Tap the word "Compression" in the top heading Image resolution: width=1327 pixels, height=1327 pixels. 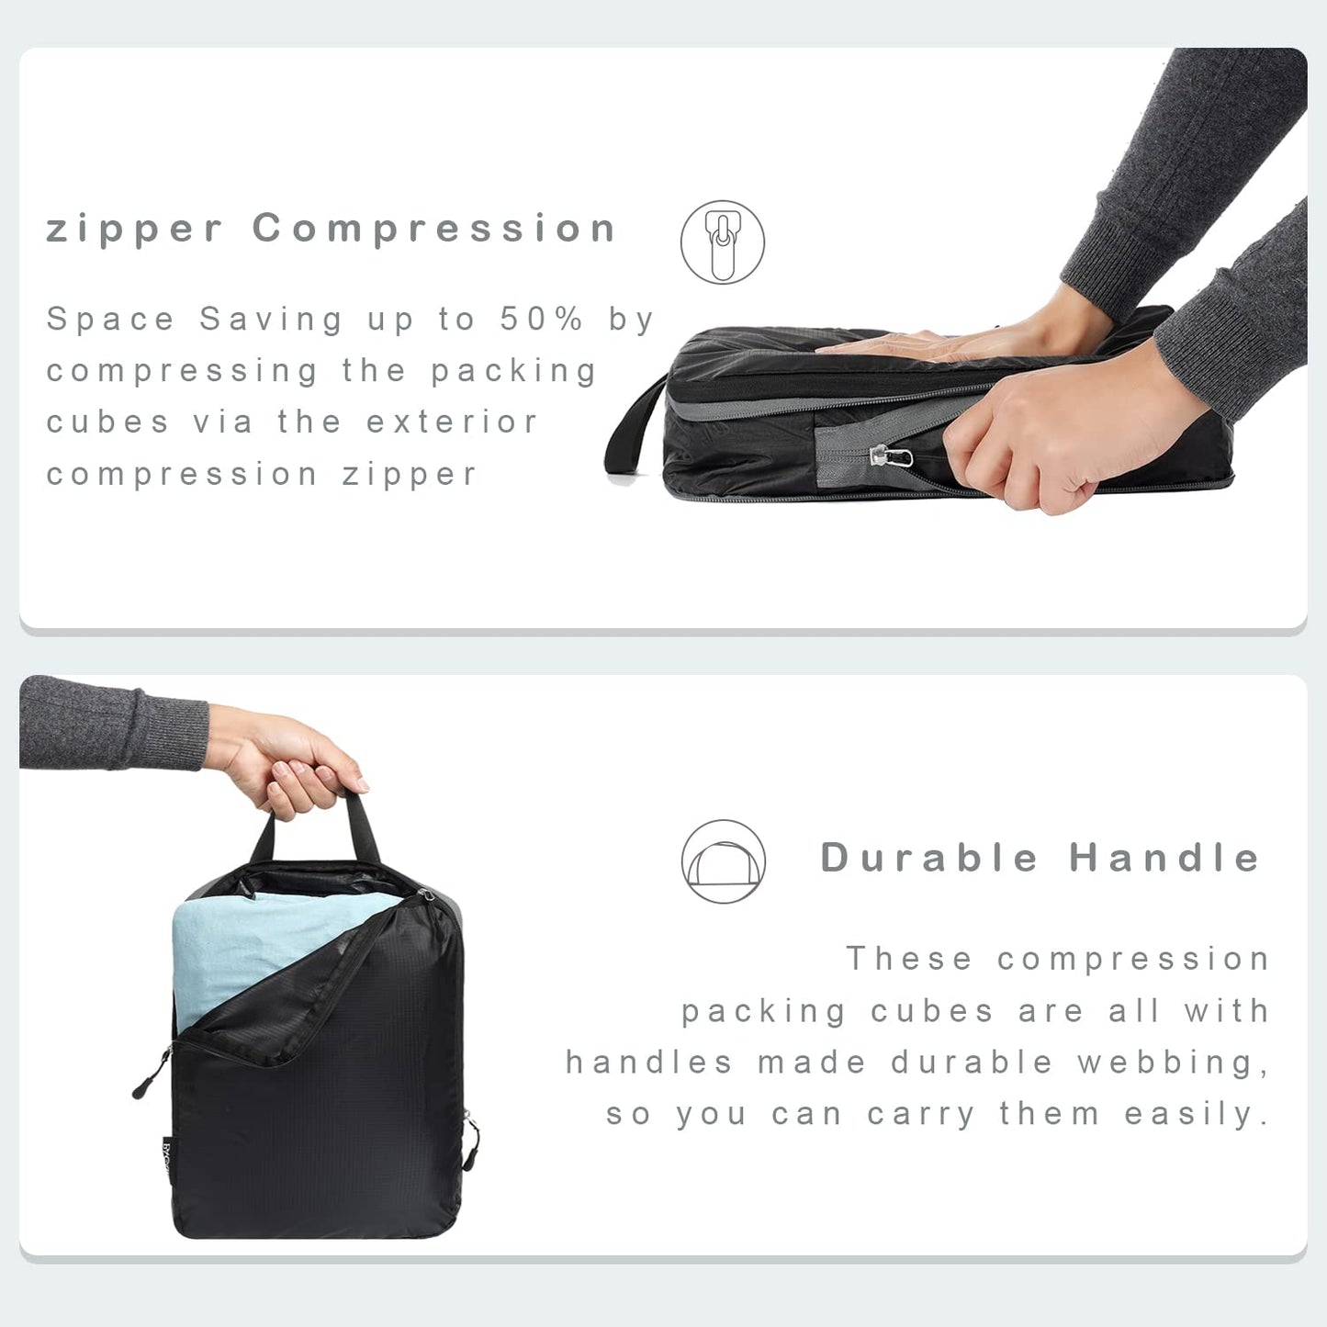[433, 228]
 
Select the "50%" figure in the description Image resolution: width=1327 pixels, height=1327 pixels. [542, 320]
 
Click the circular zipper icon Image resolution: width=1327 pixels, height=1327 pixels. [723, 242]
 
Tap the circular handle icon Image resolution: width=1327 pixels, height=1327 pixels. [724, 861]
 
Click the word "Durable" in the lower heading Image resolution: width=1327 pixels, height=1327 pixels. [928, 858]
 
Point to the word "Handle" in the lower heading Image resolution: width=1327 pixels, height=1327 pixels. [1164, 858]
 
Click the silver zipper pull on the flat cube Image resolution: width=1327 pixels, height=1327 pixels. [891, 455]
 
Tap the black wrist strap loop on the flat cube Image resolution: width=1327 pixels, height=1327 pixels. [634, 432]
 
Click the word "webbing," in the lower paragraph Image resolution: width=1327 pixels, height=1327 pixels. [1173, 1063]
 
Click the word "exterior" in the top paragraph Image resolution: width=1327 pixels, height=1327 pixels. [452, 422]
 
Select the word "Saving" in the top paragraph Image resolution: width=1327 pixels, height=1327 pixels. [271, 320]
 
